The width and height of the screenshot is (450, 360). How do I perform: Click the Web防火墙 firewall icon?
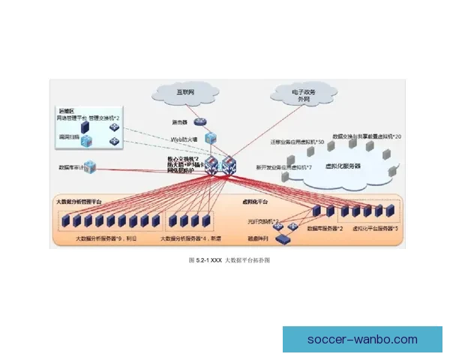pyautogui.click(x=211, y=138)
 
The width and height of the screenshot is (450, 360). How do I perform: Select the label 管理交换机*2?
pyautogui.click(x=105, y=118)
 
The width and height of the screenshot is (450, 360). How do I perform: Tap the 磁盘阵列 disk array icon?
pyautogui.click(x=283, y=239)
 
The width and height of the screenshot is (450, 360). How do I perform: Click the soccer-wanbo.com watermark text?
pyautogui.click(x=362, y=340)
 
